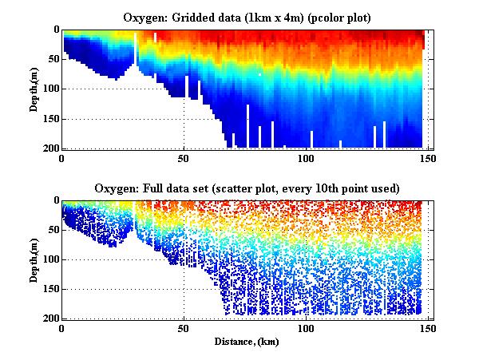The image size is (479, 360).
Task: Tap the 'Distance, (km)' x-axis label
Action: [245, 342]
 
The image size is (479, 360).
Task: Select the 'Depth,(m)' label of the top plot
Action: [35, 89]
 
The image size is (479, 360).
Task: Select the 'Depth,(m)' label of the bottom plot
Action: [35, 259]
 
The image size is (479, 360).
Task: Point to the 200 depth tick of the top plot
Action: [50, 148]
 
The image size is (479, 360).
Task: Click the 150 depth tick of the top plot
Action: [50, 119]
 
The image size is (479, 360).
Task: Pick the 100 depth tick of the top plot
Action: [50, 89]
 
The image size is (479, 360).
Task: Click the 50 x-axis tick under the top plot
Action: [184, 158]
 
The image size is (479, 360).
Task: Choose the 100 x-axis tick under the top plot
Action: [306, 158]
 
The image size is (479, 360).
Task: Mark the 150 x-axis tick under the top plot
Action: [428, 158]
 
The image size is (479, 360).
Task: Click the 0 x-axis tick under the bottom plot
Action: [62, 329]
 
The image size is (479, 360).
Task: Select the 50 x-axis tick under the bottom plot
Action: [184, 329]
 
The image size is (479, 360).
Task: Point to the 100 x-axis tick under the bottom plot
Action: [306, 329]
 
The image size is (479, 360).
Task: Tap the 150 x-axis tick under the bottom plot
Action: [428, 329]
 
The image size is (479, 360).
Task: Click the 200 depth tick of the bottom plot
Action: [50, 319]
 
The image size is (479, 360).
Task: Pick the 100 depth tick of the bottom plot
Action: [50, 259]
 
